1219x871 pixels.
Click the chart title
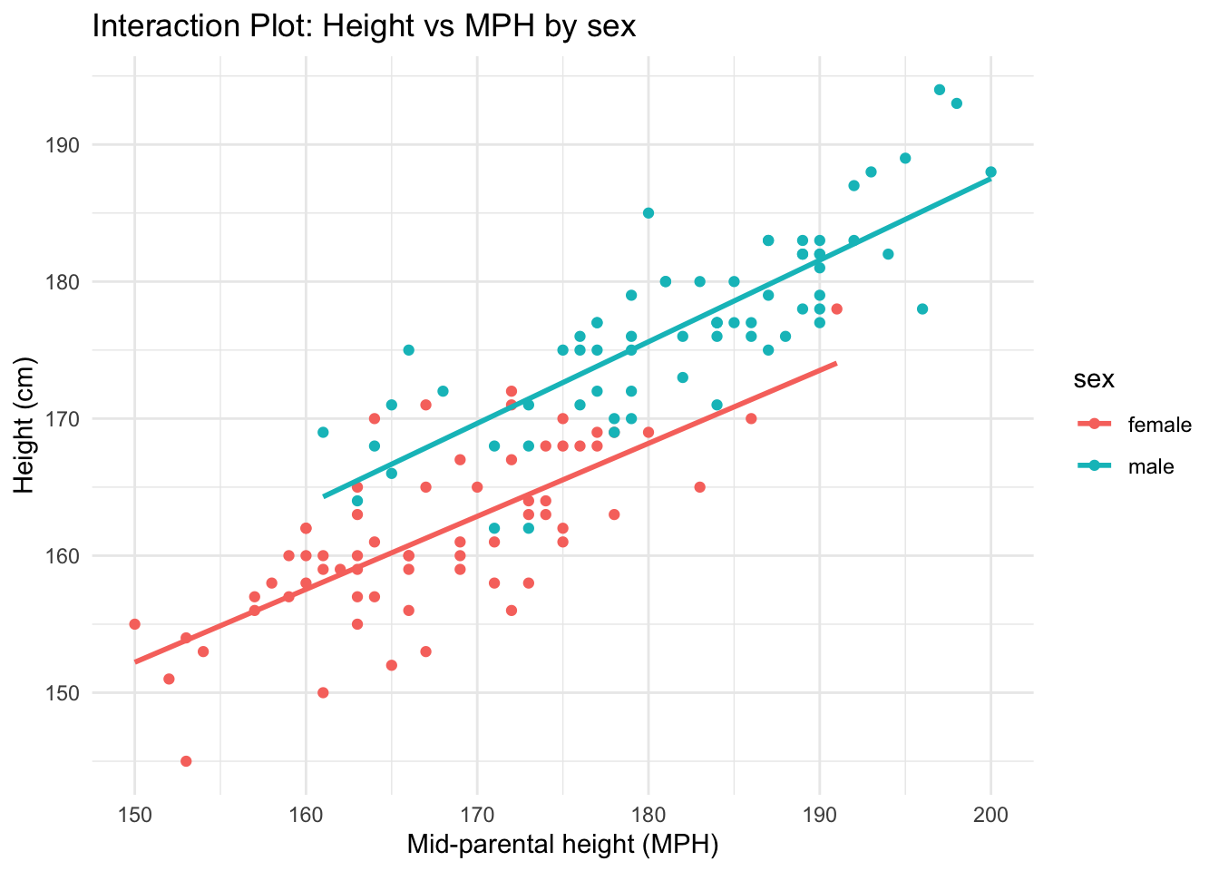click(364, 26)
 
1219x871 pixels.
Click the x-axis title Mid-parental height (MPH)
click(562, 845)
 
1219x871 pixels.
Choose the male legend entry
click(1150, 467)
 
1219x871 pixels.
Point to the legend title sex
click(1094, 380)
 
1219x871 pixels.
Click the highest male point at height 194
click(940, 90)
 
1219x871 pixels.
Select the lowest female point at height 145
click(186, 761)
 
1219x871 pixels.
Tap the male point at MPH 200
click(990, 171)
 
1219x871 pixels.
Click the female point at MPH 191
click(836, 308)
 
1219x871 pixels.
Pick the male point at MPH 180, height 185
click(648, 213)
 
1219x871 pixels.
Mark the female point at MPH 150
click(135, 624)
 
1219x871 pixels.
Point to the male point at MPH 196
click(922, 308)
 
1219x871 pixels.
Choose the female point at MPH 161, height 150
click(323, 693)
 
